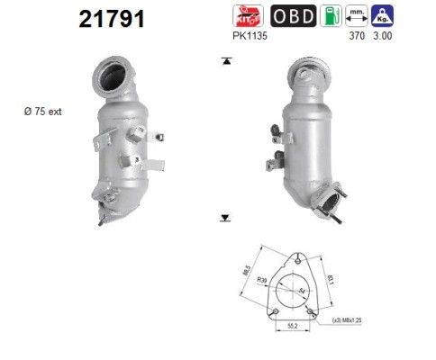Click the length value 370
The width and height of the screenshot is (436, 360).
point(358,39)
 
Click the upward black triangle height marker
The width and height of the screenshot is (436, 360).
point(225,60)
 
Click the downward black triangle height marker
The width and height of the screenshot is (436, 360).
point(225,218)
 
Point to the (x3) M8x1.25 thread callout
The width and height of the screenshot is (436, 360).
point(347,321)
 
